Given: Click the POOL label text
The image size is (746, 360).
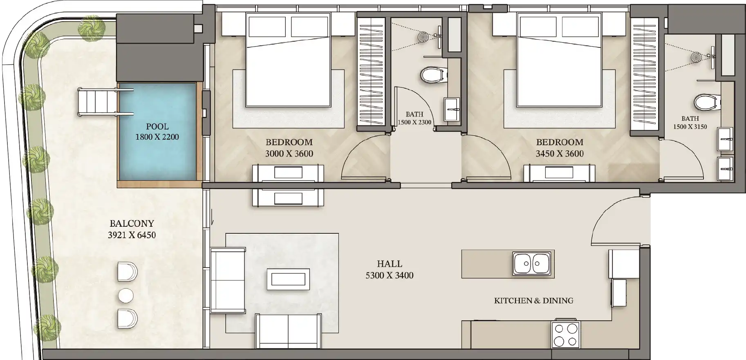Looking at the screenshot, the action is coord(157,127).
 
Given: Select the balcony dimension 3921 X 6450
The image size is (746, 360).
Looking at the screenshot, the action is coord(132,235).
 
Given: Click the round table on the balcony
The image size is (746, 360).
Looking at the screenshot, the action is coord(126,295).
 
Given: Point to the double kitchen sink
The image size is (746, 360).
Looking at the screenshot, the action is coord(531,264).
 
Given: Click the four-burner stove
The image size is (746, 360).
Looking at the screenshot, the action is coord(566,335).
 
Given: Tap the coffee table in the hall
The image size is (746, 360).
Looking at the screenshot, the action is coord(288,279).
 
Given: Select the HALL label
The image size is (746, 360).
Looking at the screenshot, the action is coord(390,264).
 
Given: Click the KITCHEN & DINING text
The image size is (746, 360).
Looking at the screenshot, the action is coord(533,301).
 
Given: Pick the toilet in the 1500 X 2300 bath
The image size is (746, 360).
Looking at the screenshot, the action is coord(432,75).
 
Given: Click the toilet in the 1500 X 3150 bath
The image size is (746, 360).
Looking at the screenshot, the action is coord(707,102).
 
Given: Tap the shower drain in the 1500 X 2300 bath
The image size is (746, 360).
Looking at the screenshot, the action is coord(424,37).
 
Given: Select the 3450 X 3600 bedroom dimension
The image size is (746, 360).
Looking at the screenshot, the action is coord(560,154).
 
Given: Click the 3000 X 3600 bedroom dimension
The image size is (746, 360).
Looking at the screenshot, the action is coord(289,154).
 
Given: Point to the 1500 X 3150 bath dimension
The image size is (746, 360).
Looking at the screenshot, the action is coord(690,127).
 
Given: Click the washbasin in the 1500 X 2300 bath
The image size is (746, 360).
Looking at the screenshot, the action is coord(451,109).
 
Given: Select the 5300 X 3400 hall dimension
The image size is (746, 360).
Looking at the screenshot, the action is coord(390,275).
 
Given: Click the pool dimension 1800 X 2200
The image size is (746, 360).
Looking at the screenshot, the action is coord(157,137).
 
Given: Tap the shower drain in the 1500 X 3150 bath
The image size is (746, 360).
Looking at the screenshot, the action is coord(697,57).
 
